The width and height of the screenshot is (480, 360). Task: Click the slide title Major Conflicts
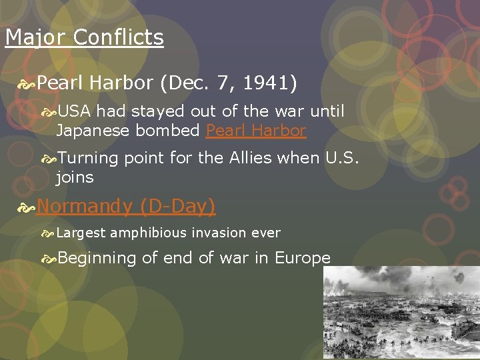pos(84,37)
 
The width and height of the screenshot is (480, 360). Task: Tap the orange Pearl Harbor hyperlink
pos(256,130)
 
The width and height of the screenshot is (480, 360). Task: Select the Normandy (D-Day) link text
pos(126,206)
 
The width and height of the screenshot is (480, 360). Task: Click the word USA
pos(74,111)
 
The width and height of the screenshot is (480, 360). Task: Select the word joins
pos(75,177)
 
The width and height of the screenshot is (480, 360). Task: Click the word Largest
pos(81,233)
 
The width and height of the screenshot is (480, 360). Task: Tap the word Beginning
pos(97,258)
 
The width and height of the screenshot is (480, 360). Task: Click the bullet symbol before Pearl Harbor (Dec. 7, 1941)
pos(26,84)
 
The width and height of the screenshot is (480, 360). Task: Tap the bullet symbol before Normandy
pos(26,207)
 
